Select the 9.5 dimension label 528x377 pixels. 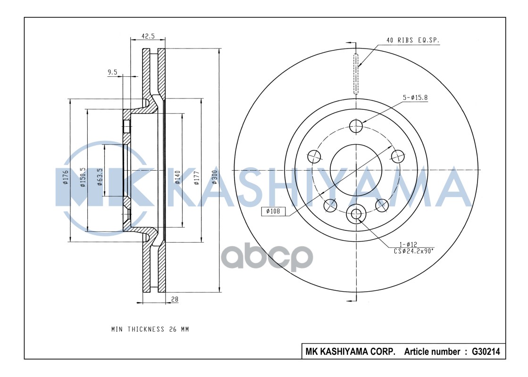[112, 72]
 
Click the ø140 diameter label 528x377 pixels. [178, 178]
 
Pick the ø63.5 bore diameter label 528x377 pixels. [100, 177]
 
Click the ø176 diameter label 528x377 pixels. [66, 179]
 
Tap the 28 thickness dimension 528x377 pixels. [175, 299]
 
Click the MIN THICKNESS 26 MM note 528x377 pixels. [150, 329]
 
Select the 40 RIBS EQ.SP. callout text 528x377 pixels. [412, 41]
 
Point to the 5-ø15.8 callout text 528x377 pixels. [415, 98]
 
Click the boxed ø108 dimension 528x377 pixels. [273, 212]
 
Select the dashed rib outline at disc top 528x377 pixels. [356, 73]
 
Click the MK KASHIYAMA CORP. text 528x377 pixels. [351, 352]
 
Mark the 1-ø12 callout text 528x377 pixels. [408, 244]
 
